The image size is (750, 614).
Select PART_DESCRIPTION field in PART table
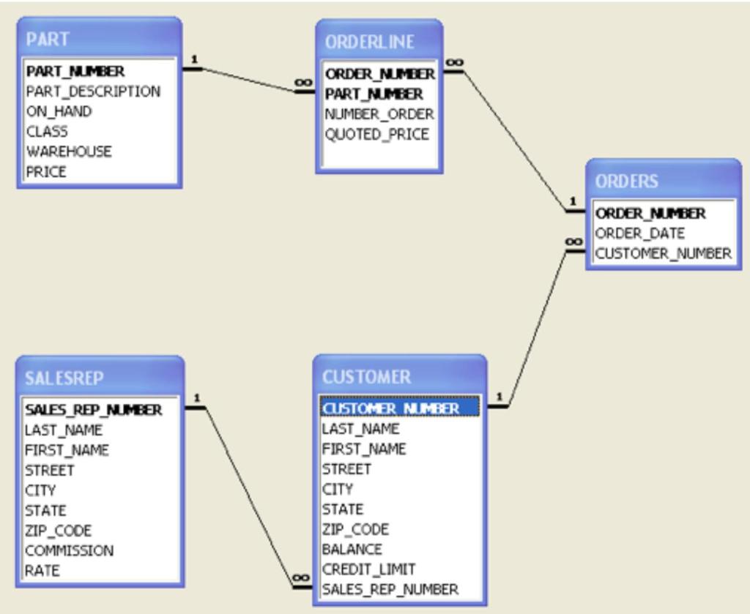tap(93, 91)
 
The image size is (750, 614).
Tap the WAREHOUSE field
tap(69, 151)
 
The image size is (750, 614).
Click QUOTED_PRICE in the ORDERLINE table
tap(376, 135)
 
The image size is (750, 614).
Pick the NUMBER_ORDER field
tap(379, 114)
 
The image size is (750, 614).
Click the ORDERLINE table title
tap(369, 42)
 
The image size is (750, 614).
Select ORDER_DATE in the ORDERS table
tap(639, 233)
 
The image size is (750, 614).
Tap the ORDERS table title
tap(626, 181)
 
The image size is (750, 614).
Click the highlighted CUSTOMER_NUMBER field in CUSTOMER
tap(400, 408)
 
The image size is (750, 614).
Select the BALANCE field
tap(352, 549)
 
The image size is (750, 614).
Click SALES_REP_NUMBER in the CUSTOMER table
tap(390, 589)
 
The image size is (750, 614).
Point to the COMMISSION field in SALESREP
tap(69, 550)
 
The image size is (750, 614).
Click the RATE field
tap(42, 571)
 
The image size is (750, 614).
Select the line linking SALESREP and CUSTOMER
tap(249, 498)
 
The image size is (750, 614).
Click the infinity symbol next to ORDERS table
tap(573, 242)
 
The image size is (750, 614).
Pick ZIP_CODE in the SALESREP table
tap(58, 531)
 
